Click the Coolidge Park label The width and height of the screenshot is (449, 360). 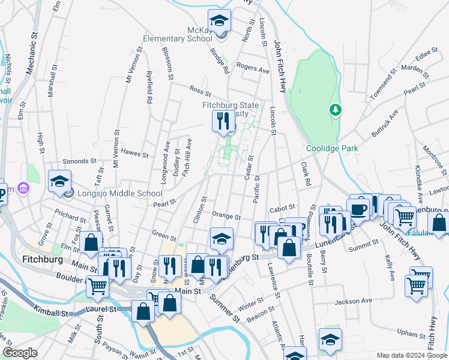click(x=332, y=148)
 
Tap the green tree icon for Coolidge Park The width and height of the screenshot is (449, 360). click(x=335, y=110)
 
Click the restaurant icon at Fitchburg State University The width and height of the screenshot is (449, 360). click(x=223, y=122)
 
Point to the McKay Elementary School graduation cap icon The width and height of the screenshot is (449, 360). click(x=220, y=21)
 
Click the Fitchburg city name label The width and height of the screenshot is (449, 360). click(x=43, y=260)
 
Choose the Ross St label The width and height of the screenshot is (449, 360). click(x=200, y=91)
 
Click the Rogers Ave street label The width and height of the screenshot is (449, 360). click(x=253, y=68)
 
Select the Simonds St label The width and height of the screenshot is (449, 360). click(x=80, y=161)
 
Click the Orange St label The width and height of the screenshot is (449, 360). click(x=226, y=216)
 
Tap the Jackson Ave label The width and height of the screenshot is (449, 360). click(x=354, y=301)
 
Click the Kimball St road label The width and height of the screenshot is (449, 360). click(x=50, y=313)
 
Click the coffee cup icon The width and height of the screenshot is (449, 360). click(x=360, y=209)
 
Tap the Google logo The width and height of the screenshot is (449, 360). click(x=20, y=353)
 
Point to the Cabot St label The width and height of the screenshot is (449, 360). click(x=283, y=208)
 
